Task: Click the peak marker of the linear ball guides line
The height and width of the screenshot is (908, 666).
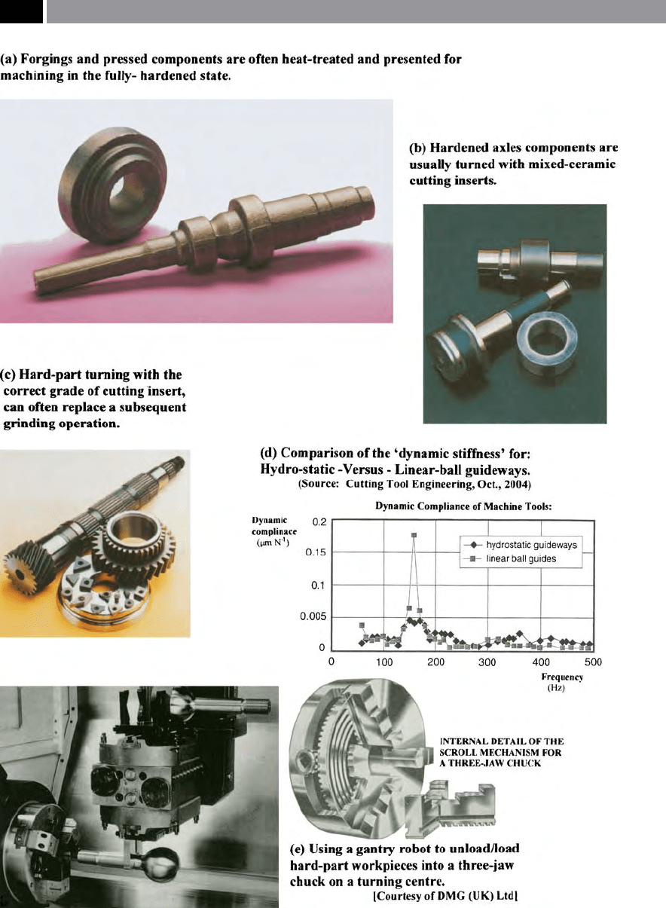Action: pyautogui.click(x=414, y=535)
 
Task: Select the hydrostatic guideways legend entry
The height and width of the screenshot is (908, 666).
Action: pyautogui.click(x=521, y=545)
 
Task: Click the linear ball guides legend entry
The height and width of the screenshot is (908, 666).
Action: pyautogui.click(x=510, y=558)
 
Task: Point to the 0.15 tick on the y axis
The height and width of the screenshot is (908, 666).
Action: pyautogui.click(x=316, y=552)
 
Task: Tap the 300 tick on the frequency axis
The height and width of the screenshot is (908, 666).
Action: pyautogui.click(x=487, y=662)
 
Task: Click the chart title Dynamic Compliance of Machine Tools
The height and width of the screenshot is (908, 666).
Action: pyautogui.click(x=463, y=506)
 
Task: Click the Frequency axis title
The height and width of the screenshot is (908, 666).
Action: pyautogui.click(x=562, y=677)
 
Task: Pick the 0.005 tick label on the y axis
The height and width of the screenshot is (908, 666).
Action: pyautogui.click(x=313, y=616)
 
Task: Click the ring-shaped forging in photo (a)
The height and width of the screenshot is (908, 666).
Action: pyautogui.click(x=113, y=185)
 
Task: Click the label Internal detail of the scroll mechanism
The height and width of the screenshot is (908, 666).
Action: pyautogui.click(x=501, y=752)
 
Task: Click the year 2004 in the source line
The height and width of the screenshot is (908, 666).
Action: pyautogui.click(x=516, y=484)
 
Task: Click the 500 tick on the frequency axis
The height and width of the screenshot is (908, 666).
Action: pyautogui.click(x=593, y=662)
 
